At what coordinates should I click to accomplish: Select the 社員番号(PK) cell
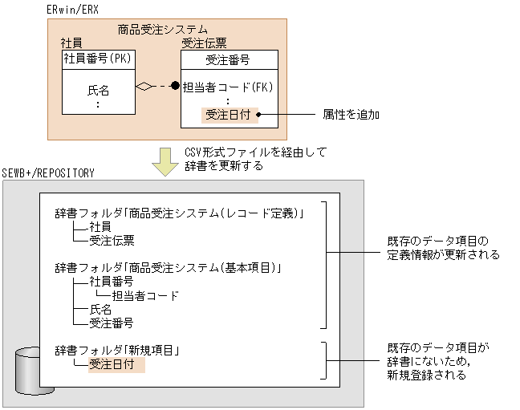click(x=97, y=58)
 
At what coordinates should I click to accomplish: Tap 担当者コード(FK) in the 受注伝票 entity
click(x=230, y=87)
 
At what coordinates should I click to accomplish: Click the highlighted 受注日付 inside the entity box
click(x=229, y=115)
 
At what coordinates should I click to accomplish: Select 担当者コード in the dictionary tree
click(x=145, y=295)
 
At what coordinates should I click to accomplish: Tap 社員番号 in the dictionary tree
click(x=111, y=282)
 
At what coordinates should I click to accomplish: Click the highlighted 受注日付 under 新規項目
click(x=111, y=365)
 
